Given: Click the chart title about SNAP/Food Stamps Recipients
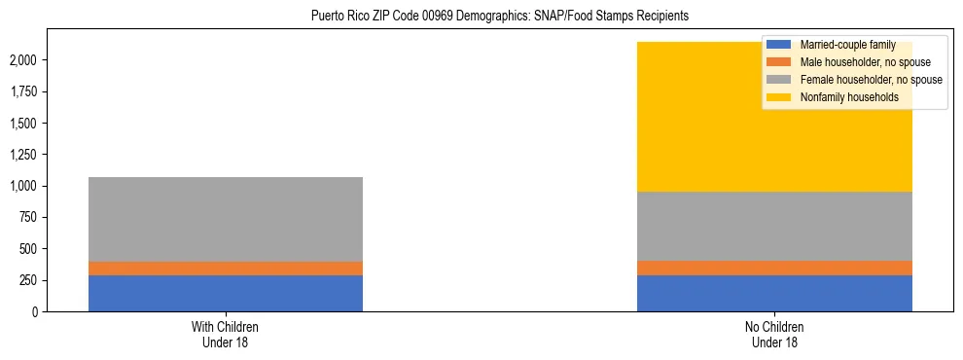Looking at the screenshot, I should pyautogui.click(x=499, y=16).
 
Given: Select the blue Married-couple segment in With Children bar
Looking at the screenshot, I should pyautogui.click(x=226, y=293).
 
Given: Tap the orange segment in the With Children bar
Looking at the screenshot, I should pyautogui.click(x=226, y=269).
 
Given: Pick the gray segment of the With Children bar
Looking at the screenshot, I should pyautogui.click(x=226, y=219).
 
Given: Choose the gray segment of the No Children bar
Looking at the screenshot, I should pyautogui.click(x=774, y=226).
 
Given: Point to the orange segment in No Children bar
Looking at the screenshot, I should pyautogui.click(x=774, y=268).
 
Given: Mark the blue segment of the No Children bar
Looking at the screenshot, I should pyautogui.click(x=774, y=293).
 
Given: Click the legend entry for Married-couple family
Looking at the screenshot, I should pyautogui.click(x=847, y=45).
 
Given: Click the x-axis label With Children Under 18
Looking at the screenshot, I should pyautogui.click(x=226, y=334).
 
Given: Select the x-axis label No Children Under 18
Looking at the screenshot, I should pyautogui.click(x=774, y=334).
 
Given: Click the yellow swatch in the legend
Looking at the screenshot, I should pyautogui.click(x=780, y=97).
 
